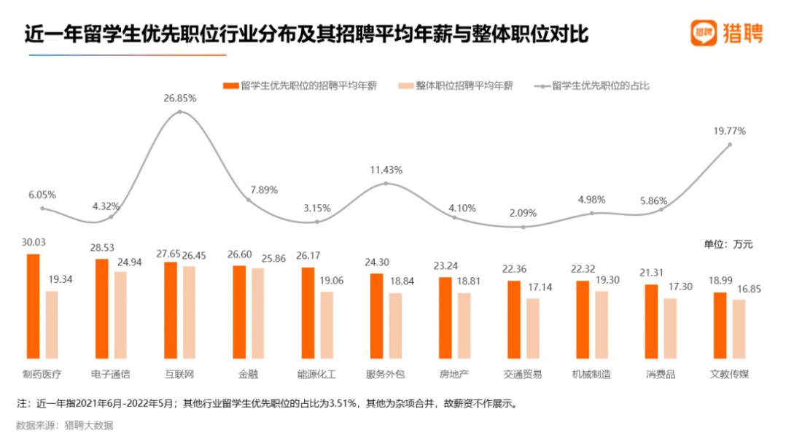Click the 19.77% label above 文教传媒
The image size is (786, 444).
[x=729, y=131]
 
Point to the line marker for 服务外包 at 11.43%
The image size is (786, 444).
[x=386, y=183]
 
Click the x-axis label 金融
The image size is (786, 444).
[x=248, y=375]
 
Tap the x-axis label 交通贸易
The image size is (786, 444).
[x=523, y=375]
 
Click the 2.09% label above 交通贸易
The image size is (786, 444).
[x=523, y=214]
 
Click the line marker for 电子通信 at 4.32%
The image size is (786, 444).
[x=111, y=217]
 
